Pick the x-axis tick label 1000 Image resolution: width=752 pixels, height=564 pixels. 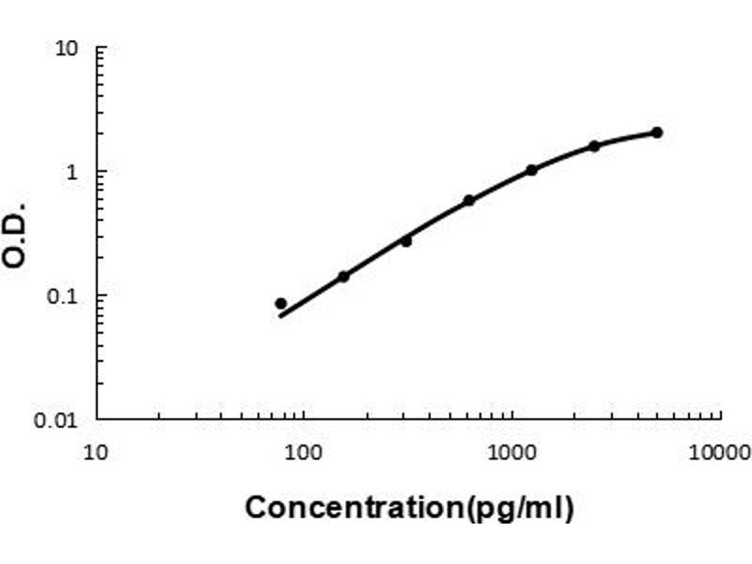tap(511, 454)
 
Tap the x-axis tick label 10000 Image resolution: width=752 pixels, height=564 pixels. tap(718, 454)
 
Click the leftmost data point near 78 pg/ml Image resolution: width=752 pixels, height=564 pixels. tap(281, 304)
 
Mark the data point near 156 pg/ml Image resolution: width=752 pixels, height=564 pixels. tap(343, 276)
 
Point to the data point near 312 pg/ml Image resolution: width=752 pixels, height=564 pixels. tap(406, 241)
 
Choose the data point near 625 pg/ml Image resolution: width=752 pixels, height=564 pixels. tap(469, 200)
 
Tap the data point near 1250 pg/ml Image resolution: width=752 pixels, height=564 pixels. tap(531, 170)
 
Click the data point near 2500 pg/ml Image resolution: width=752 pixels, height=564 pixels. tap(594, 146)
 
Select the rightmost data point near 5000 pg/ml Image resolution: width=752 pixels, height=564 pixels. tap(657, 133)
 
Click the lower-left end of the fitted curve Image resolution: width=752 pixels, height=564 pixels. tap(280, 316)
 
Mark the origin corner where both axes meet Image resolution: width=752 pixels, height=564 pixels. tap(98, 418)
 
